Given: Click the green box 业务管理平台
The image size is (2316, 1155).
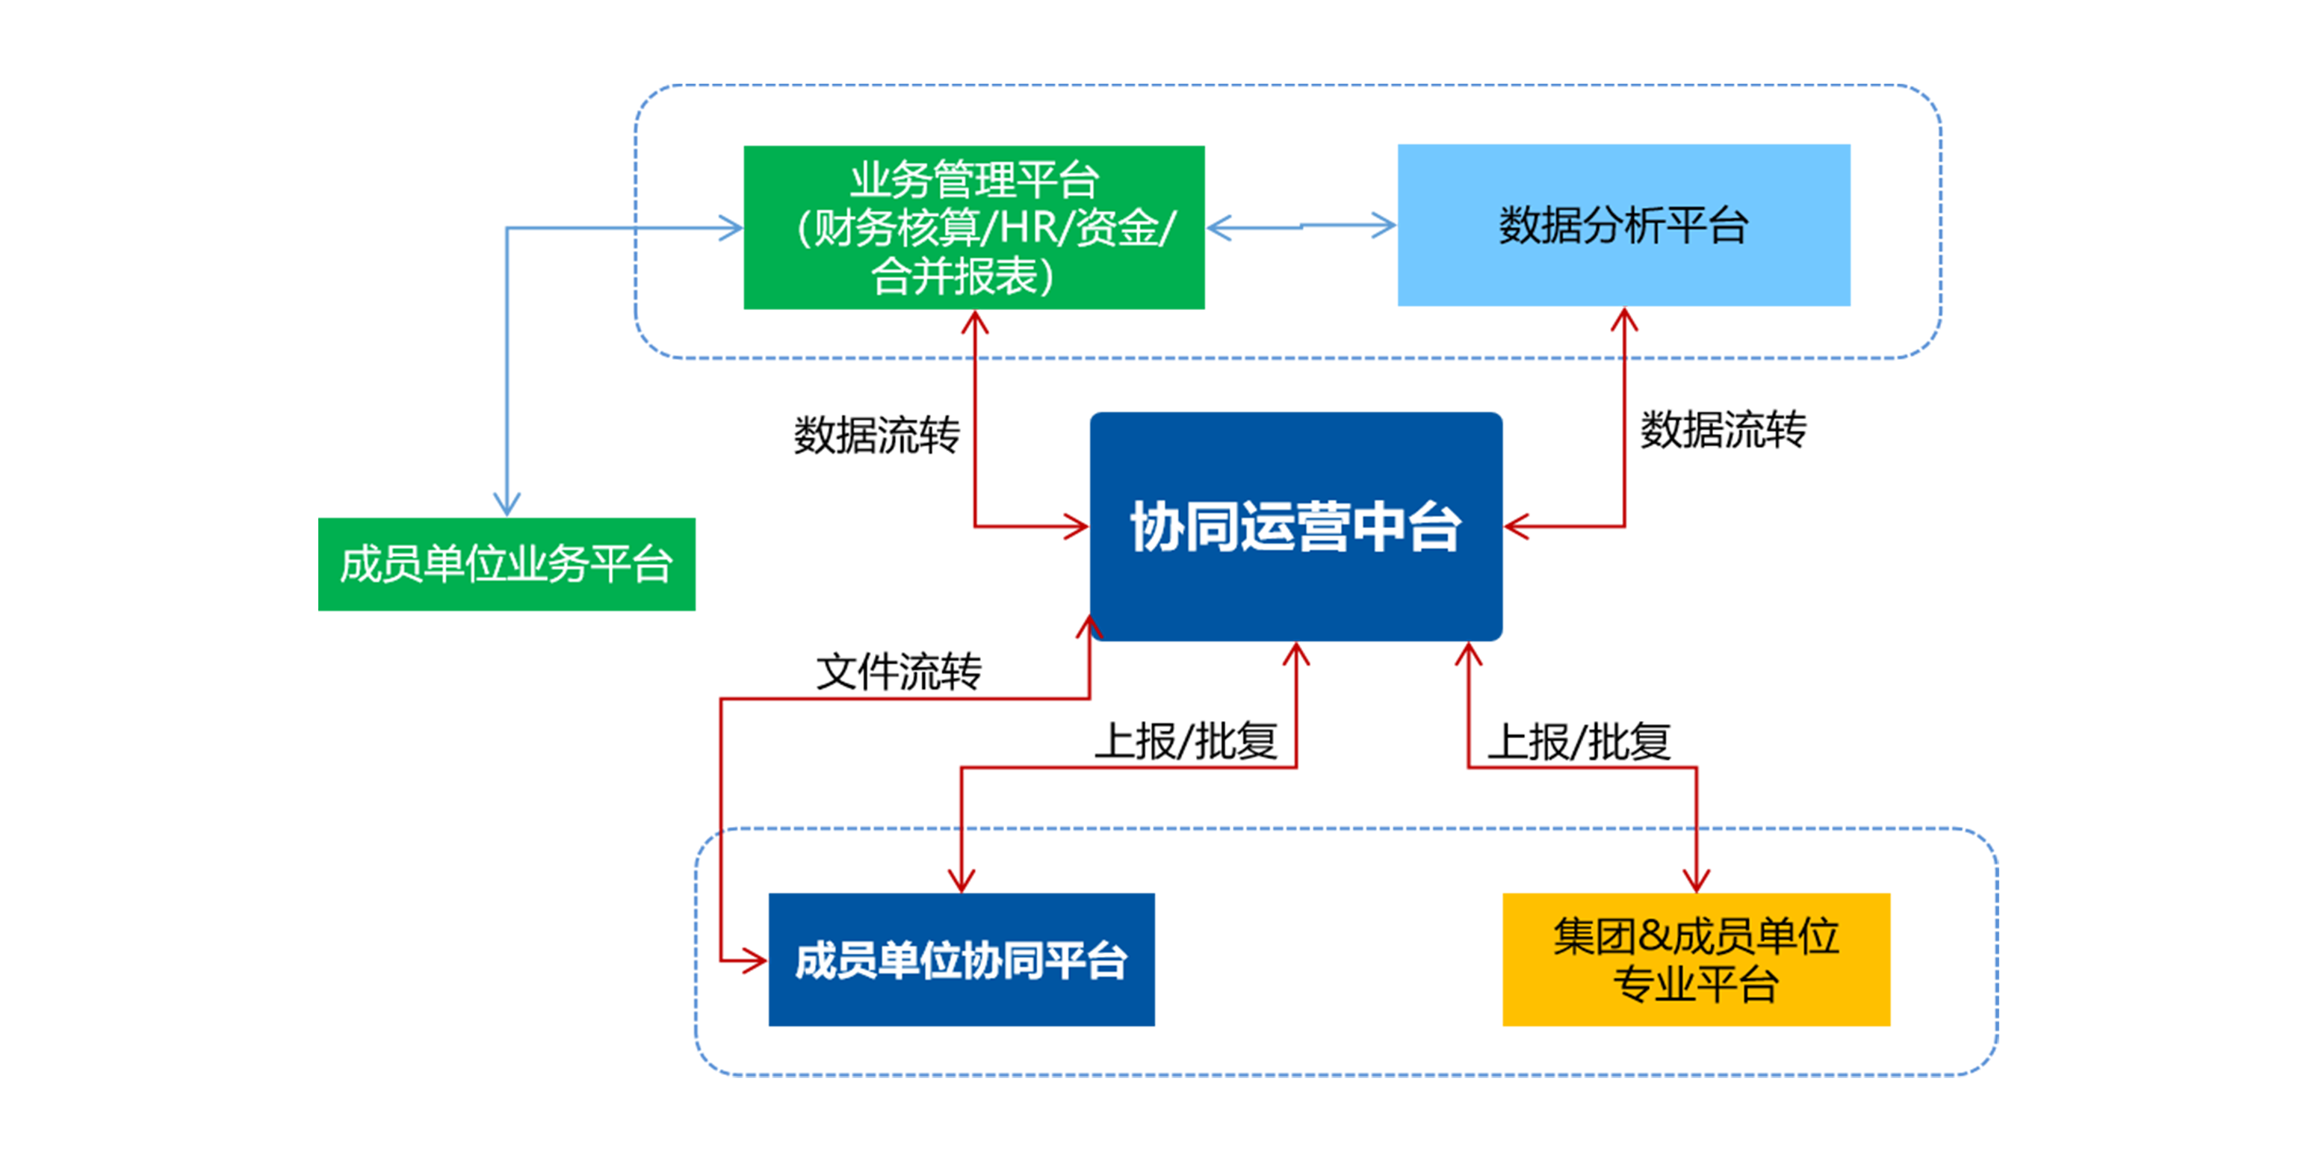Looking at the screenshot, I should (973, 227).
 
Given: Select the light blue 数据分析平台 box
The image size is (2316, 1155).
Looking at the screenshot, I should (1623, 225).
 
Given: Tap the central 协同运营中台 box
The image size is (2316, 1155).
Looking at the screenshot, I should (1295, 527).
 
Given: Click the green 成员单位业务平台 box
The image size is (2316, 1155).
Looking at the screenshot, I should (507, 565).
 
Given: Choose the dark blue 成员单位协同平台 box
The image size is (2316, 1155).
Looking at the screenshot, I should (961, 959).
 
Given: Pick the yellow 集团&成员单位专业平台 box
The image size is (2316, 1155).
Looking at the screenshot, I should (1696, 959).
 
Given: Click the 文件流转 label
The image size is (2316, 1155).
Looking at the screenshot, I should (898, 672).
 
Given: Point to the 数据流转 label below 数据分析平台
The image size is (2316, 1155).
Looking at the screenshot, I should (1723, 430).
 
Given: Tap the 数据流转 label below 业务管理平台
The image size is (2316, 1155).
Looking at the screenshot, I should (876, 435).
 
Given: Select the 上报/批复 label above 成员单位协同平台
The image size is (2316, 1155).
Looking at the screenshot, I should (1186, 743).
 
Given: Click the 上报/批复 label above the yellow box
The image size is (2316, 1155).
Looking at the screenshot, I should (1579, 743).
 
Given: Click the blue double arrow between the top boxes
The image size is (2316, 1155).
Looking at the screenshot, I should (1301, 226).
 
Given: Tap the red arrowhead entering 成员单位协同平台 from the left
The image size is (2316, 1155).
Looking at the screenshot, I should (753, 961).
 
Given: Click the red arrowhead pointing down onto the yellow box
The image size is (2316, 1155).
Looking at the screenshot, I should (1697, 880).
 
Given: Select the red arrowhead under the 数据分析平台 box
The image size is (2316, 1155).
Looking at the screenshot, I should (1623, 320).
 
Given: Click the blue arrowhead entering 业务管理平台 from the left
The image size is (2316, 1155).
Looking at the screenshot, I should (730, 227).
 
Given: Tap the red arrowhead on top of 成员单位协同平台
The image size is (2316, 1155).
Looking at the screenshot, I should (961, 880).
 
